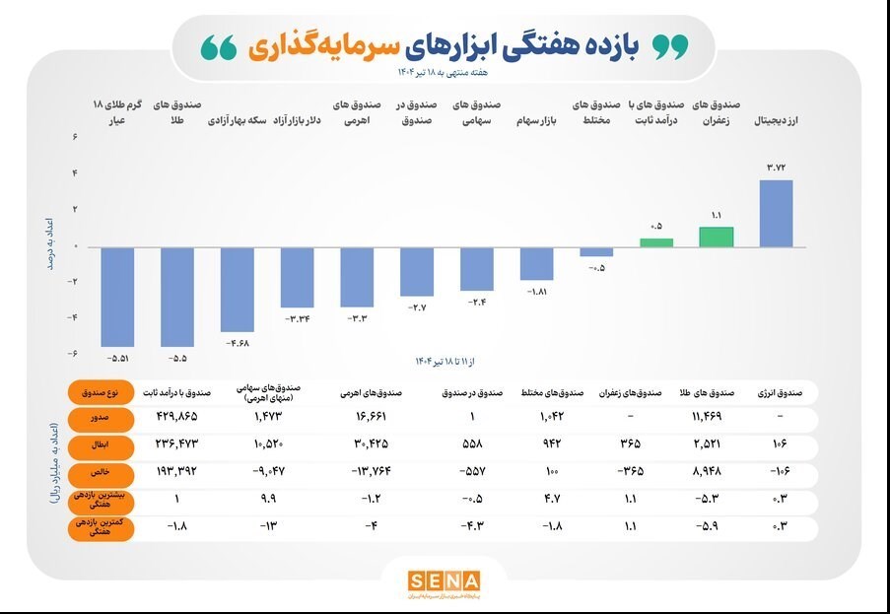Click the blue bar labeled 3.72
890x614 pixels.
[777, 213]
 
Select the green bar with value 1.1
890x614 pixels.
[717, 237]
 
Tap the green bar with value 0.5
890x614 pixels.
[656, 242]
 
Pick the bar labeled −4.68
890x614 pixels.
[237, 289]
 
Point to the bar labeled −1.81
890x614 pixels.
[537, 263]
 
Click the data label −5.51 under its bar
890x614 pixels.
[117, 357]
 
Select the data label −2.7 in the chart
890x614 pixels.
[417, 307]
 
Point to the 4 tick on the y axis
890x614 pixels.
[75, 173]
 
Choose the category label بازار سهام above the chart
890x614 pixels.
[536, 122]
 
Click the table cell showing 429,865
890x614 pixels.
[177, 417]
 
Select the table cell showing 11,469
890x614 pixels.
[716, 417]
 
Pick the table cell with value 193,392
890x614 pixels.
[177, 472]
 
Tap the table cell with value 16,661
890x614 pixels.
[358, 417]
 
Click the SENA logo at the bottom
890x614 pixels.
[444, 581]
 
